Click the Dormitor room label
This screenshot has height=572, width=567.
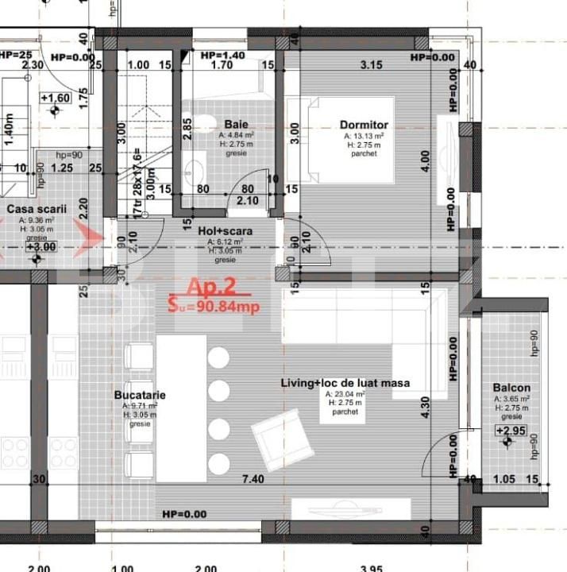point(364,125)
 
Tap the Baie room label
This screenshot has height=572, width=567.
point(236,125)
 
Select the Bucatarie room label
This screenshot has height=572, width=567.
point(140,394)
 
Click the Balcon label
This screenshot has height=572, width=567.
point(511,388)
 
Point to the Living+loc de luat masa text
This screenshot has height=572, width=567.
point(345,383)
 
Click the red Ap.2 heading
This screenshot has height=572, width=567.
point(210,287)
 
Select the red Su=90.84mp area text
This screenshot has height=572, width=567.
point(214,304)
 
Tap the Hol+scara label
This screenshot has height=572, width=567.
point(225,231)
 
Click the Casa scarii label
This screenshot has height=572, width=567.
point(37,210)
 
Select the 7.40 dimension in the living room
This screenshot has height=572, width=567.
point(253,479)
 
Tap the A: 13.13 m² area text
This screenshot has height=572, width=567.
point(364,136)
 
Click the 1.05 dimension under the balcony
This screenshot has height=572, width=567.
point(505,479)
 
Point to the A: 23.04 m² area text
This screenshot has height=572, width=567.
point(345,394)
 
